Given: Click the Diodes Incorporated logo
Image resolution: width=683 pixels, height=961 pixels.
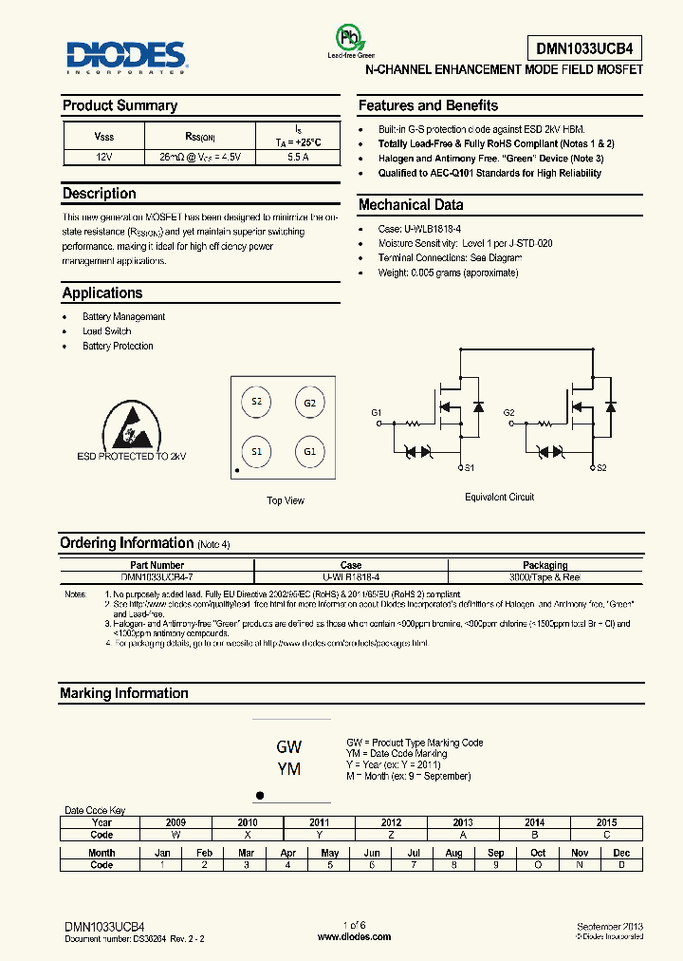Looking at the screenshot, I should pyautogui.click(x=124, y=55).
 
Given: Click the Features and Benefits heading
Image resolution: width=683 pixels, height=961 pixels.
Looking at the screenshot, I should pyautogui.click(x=428, y=105).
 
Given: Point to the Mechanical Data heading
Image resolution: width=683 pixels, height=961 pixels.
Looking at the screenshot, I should pyautogui.click(x=411, y=204).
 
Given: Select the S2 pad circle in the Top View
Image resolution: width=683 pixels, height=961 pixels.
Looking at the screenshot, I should pyautogui.click(x=256, y=402).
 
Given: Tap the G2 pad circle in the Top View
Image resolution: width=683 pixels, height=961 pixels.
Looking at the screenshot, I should pyautogui.click(x=309, y=402).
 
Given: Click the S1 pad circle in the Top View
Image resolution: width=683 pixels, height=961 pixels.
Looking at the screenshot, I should pyautogui.click(x=256, y=451).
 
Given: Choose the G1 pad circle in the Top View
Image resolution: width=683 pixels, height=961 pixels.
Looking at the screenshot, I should pyautogui.click(x=309, y=451).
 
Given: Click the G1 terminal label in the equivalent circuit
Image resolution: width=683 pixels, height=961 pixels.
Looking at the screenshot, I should pyautogui.click(x=377, y=412).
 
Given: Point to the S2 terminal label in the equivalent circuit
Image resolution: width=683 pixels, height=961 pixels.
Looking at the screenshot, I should pyautogui.click(x=600, y=468).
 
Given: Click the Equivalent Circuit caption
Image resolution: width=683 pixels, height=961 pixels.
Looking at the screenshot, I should pyautogui.click(x=499, y=497).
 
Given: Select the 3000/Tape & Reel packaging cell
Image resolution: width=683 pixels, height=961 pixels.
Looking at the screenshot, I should pyautogui.click(x=545, y=576).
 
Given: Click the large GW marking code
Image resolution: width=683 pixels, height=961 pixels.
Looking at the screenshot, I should pyautogui.click(x=288, y=746).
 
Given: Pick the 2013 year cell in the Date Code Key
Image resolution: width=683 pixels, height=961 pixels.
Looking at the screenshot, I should pyautogui.click(x=463, y=822).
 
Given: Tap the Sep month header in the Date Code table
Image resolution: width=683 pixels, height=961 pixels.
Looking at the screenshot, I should pyautogui.click(x=495, y=853).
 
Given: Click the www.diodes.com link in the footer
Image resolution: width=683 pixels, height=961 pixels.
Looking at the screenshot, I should pyautogui.click(x=354, y=937).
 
